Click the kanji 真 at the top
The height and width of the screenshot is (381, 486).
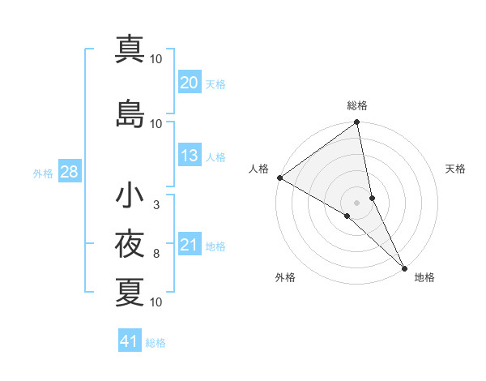(130, 49)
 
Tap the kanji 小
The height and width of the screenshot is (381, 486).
(130, 195)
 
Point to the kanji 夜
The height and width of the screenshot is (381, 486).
(130, 244)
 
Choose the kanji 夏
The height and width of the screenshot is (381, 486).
(130, 293)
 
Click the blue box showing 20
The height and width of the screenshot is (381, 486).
(190, 83)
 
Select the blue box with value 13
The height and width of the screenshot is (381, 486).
(190, 156)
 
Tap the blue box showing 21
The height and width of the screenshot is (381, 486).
(190, 246)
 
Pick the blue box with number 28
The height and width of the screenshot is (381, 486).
(69, 173)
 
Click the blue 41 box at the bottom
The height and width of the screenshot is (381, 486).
(130, 341)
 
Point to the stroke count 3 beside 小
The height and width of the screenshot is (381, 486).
(156, 204)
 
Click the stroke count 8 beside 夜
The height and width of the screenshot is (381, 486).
(156, 254)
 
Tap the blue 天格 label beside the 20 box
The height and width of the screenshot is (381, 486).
(215, 83)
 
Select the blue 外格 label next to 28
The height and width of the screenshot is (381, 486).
(43, 173)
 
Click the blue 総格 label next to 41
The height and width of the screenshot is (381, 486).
(156, 342)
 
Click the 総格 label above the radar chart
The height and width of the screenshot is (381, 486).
(357, 105)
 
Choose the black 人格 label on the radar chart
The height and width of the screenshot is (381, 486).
(259, 169)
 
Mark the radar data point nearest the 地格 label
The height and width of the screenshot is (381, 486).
(403, 267)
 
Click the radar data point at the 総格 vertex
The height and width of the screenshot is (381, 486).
(357, 123)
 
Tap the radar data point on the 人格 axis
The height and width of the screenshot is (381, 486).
(279, 178)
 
